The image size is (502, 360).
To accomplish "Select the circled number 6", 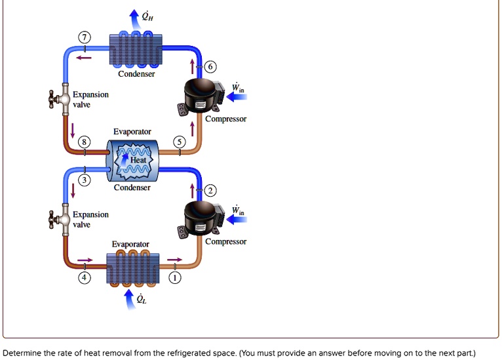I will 209,67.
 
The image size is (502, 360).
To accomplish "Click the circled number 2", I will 209,191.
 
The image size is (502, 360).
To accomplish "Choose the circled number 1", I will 174,278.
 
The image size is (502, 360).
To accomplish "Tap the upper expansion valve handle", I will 53,100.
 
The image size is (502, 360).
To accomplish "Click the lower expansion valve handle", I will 53,218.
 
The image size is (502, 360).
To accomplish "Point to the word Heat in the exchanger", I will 138,160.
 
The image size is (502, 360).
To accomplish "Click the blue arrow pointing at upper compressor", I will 237,97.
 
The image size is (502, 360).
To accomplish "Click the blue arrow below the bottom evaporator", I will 129,299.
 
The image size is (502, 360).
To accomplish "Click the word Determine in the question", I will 24,353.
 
